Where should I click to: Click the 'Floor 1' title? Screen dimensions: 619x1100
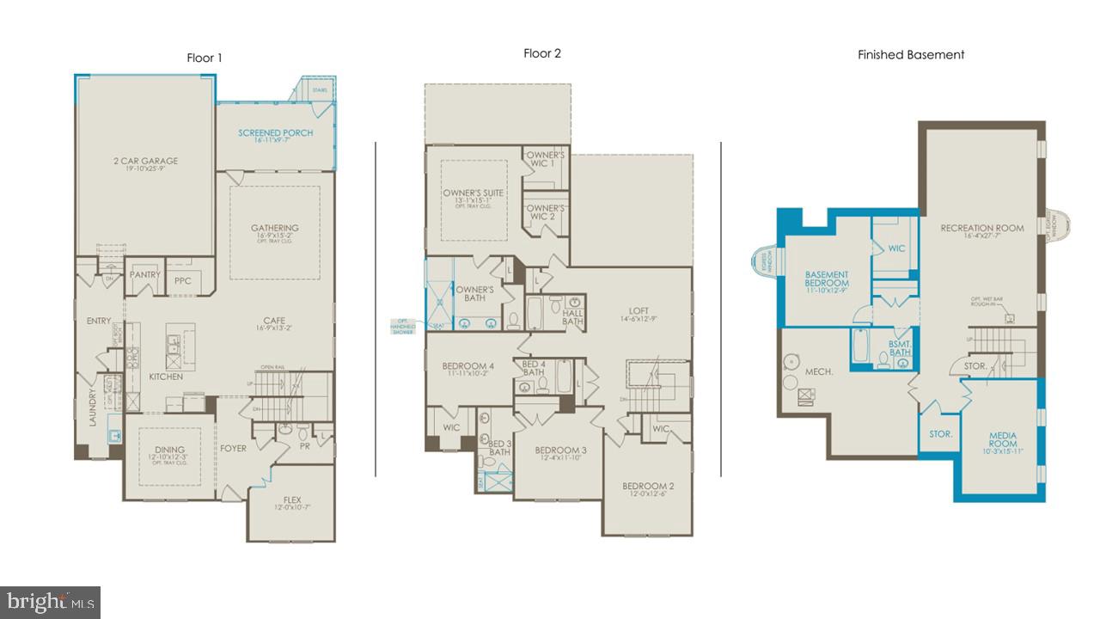click(x=205, y=58)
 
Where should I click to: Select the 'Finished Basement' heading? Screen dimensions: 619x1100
click(x=911, y=55)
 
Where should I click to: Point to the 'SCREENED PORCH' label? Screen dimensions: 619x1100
click(x=275, y=133)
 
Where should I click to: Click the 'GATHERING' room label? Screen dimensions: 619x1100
click(x=274, y=229)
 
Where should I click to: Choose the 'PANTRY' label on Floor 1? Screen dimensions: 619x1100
click(x=145, y=275)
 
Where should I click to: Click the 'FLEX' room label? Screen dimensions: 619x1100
click(x=292, y=499)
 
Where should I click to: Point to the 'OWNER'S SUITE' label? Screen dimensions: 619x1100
click(x=474, y=193)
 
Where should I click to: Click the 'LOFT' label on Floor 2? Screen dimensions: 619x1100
click(x=638, y=311)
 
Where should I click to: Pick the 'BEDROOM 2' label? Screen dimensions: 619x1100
click(x=648, y=487)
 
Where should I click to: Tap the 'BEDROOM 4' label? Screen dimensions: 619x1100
click(x=467, y=366)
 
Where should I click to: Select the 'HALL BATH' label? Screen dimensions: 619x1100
click(x=573, y=316)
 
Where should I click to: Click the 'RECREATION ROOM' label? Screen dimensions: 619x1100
click(x=982, y=228)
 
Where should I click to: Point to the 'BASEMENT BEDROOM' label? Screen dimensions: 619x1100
click(x=826, y=279)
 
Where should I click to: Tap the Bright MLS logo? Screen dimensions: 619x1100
click(x=50, y=602)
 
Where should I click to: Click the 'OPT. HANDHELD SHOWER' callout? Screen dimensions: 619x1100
click(x=402, y=327)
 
